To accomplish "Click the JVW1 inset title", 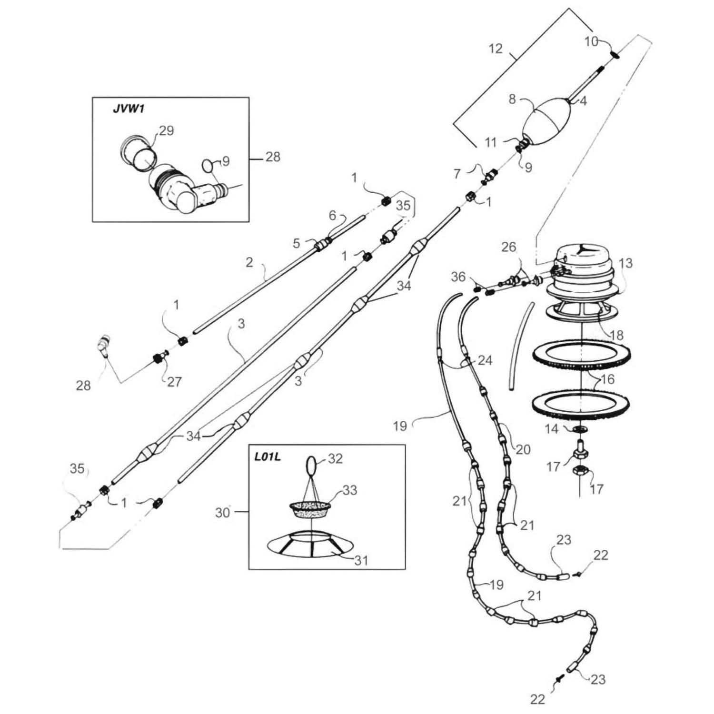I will point(128,109).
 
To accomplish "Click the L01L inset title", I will point(268,457).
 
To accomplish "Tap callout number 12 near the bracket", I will point(495,49).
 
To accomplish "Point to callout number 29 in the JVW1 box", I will point(166,130).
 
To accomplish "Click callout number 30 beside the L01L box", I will point(222,513).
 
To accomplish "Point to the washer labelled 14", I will point(580,430).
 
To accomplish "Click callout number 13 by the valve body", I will point(625,263).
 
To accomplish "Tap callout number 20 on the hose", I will point(523,449).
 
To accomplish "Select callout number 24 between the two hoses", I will point(485,360).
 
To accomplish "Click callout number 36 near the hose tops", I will point(458,277).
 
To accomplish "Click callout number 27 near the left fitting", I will point(174,381).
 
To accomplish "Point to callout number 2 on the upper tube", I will point(249,262).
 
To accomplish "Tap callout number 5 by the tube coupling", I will point(296,243).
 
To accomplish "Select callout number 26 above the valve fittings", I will point(508,247).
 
